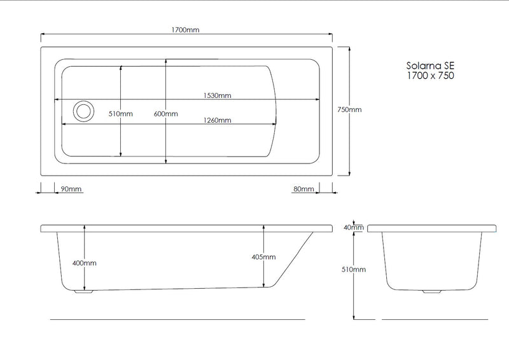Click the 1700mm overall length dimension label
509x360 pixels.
[x=186, y=30]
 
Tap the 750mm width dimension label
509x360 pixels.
[x=349, y=109]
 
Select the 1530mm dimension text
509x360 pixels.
[x=217, y=95]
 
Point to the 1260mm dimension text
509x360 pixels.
[x=217, y=120]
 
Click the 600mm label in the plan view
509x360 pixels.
[x=166, y=114]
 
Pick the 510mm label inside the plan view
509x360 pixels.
[x=120, y=114]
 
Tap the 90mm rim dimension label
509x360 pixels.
[x=71, y=189]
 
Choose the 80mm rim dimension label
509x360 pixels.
[x=303, y=189]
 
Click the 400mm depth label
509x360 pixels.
[x=85, y=263]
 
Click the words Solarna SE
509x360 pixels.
[x=431, y=66]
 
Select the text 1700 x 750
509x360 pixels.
[x=431, y=75]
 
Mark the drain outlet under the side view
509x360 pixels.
[x=83, y=292]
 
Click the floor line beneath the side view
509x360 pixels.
[x=178, y=318]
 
